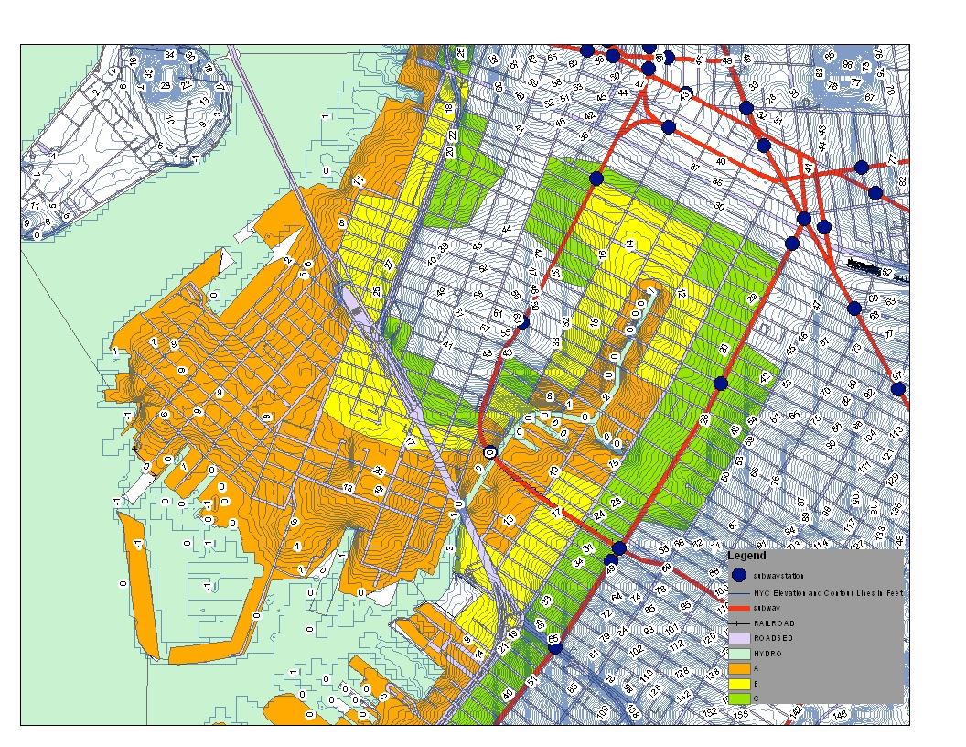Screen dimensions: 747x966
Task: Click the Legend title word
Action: tap(746, 556)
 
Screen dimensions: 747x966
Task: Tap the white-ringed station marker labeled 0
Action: tap(490, 451)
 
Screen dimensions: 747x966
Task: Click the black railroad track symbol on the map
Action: tap(869, 267)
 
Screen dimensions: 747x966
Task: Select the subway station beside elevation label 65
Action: tap(554, 645)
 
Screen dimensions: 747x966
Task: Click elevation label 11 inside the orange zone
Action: tap(359, 180)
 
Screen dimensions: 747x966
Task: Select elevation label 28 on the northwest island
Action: tap(165, 86)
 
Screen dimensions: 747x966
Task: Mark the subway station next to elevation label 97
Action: tap(898, 389)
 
